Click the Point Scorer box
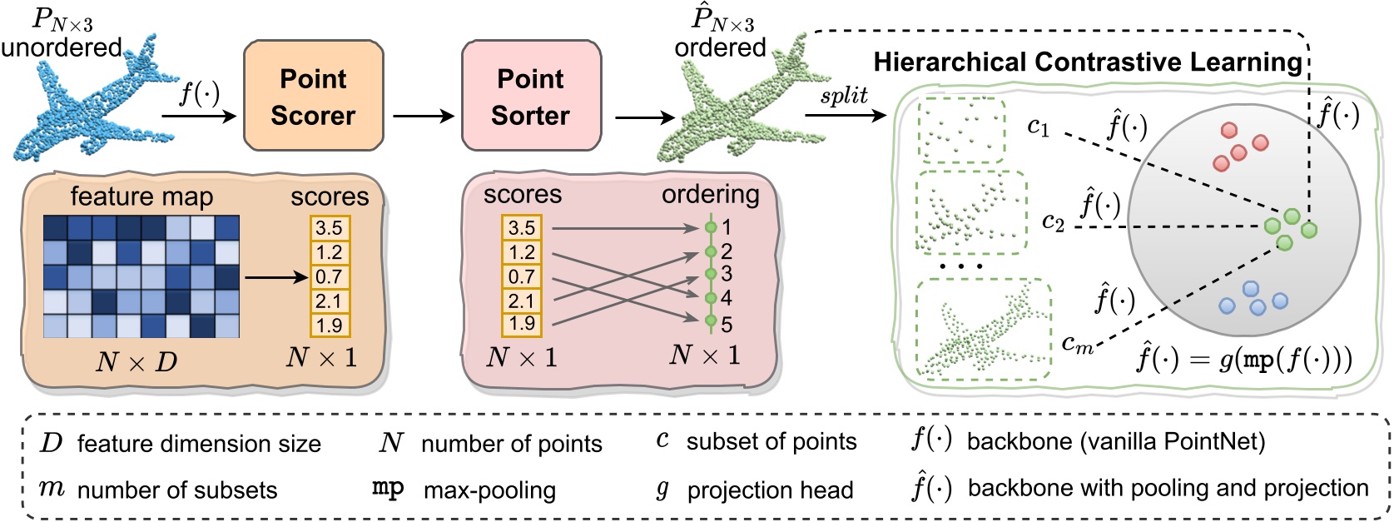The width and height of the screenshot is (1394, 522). pos(313,97)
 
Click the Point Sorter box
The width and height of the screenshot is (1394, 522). pos(531,97)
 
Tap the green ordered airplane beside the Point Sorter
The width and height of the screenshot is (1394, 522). pos(732,104)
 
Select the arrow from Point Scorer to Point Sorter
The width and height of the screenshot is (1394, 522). pos(423,117)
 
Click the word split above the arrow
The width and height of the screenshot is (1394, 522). pos(843,96)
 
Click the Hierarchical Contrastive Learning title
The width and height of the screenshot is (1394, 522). pos(1087,62)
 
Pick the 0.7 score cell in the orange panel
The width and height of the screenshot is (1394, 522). pos(330,276)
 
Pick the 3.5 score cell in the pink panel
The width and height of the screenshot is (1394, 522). pos(522,227)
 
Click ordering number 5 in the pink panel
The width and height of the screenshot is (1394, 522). pos(727,325)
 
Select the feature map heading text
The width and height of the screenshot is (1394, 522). pos(141,196)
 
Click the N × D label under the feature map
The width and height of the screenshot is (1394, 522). pos(136,362)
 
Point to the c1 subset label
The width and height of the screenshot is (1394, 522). pos(1038,127)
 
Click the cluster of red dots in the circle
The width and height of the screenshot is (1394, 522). pos(1240,147)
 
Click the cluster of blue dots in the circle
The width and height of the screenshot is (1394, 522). pos(1253,299)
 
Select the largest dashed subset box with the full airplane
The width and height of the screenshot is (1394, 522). pos(983,329)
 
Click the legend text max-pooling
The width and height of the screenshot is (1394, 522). pos(489,490)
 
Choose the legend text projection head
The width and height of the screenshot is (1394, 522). pos(770,490)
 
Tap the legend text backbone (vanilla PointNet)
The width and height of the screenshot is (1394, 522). pos(1115,441)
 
